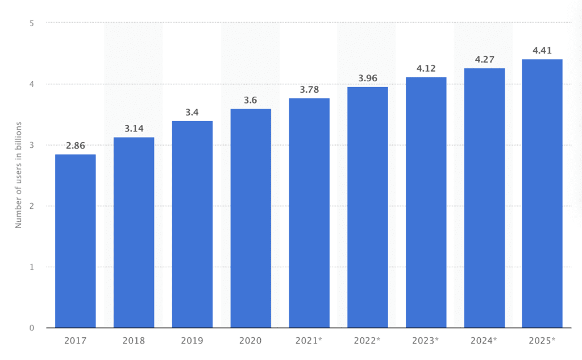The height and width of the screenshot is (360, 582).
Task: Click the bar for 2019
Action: click(x=192, y=224)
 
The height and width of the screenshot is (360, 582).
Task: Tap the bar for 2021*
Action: click(x=309, y=213)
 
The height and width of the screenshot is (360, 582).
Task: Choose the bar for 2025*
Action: click(x=542, y=193)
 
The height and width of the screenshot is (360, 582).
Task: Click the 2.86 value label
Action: click(x=75, y=146)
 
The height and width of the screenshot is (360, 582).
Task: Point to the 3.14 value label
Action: click(x=134, y=129)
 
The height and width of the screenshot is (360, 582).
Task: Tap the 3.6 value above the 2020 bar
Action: click(x=251, y=100)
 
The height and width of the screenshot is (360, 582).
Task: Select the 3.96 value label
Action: click(x=368, y=78)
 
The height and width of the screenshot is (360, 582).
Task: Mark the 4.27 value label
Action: click(x=485, y=59)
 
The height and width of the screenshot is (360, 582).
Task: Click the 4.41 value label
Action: click(x=543, y=51)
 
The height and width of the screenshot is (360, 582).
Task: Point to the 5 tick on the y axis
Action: click(x=32, y=23)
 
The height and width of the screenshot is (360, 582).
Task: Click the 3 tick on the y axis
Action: click(x=32, y=145)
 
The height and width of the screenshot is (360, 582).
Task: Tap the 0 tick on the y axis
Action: click(x=32, y=328)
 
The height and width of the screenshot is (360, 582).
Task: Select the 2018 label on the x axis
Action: click(x=134, y=341)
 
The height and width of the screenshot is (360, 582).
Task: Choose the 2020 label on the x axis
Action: click(x=251, y=341)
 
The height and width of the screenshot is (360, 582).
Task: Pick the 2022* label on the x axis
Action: click(x=368, y=341)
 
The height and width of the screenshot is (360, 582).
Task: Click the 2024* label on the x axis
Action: click(x=485, y=341)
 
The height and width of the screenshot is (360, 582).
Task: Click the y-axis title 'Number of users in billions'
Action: click(x=18, y=175)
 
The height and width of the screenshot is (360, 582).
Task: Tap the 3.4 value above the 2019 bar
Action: click(x=192, y=113)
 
